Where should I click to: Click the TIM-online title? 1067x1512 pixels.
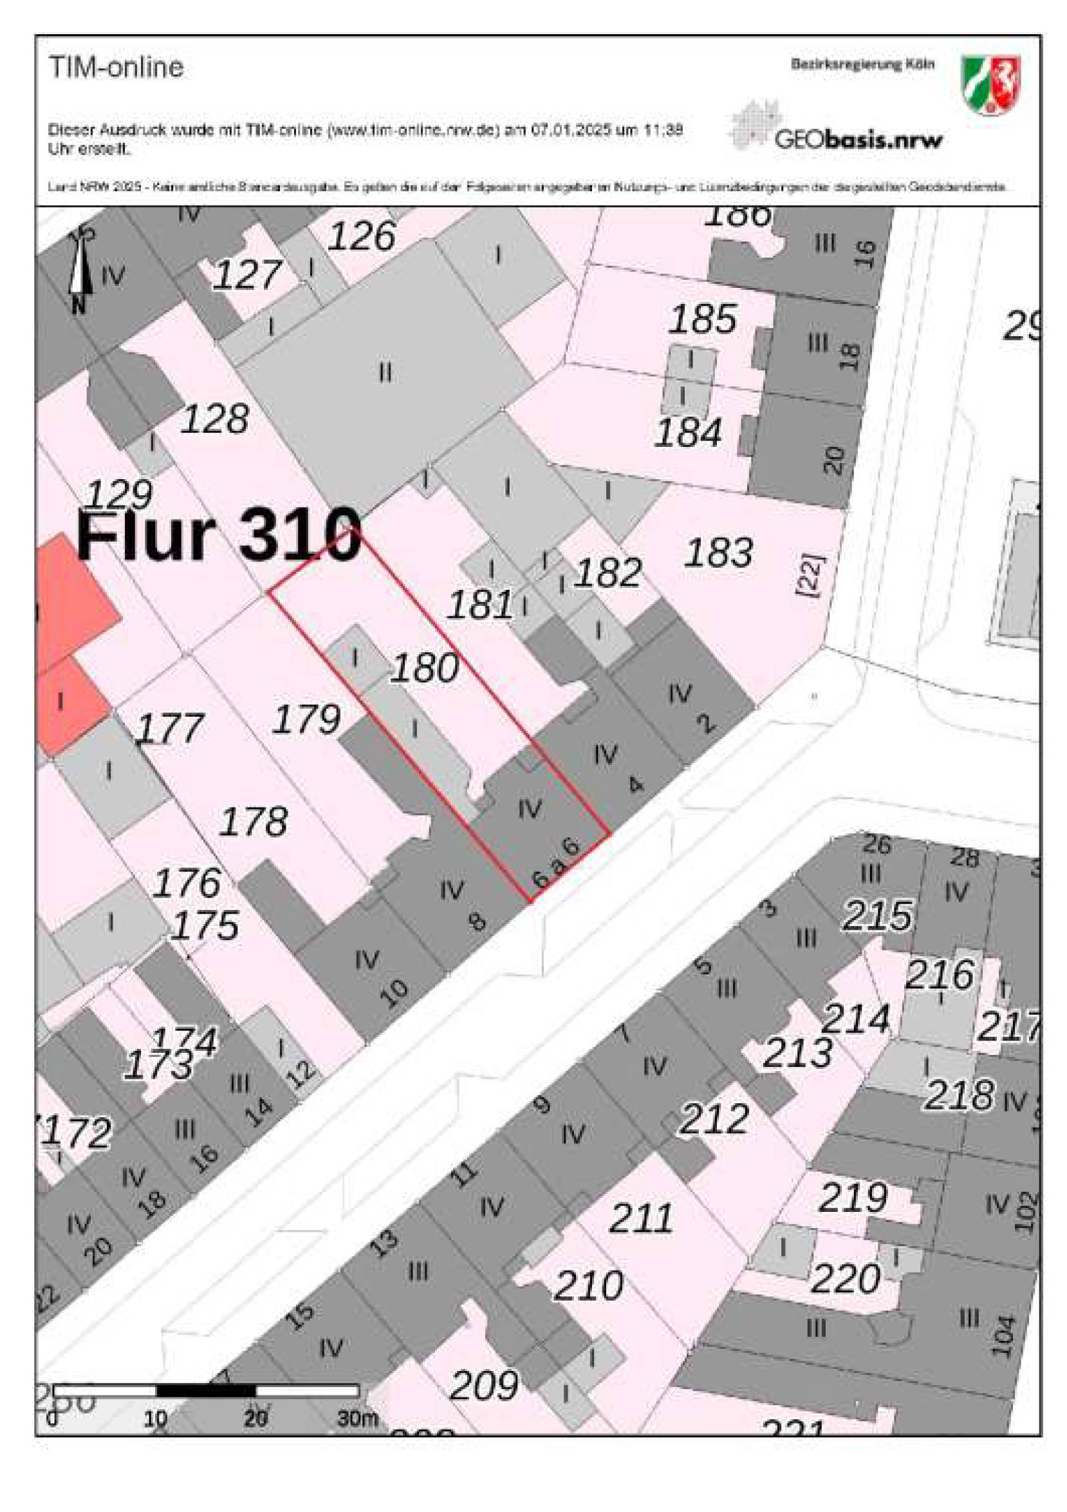pos(116,68)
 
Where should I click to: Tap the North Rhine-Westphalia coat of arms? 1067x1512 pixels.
pos(990,85)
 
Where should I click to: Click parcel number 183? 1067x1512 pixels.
pos(718,553)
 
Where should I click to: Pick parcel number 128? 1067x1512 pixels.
pos(214,419)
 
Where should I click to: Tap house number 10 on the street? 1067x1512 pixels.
pos(394,992)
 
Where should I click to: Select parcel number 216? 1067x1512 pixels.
pos(939,974)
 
